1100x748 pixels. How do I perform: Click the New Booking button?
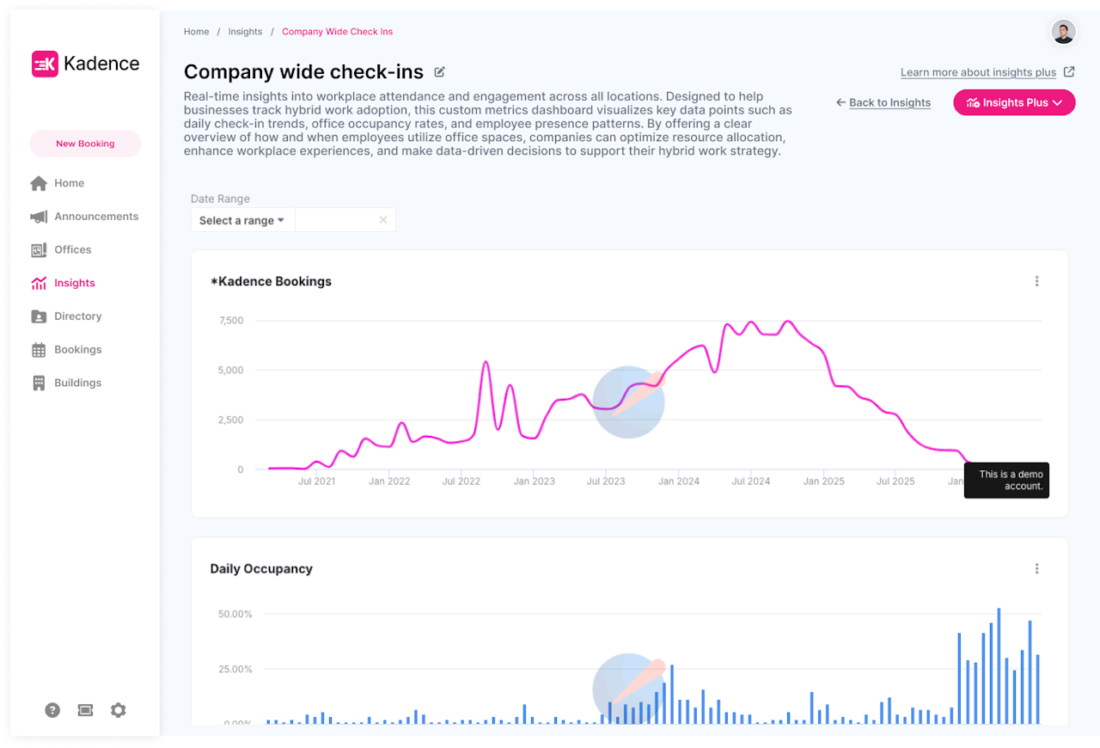click(x=85, y=144)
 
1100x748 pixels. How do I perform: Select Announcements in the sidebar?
click(x=95, y=217)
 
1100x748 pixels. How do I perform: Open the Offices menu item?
click(x=72, y=250)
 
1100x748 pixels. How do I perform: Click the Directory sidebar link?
click(x=77, y=316)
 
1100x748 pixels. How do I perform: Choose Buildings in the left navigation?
click(x=77, y=383)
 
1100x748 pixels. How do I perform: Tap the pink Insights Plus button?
click(x=1014, y=102)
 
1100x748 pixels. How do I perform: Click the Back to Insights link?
click(x=889, y=102)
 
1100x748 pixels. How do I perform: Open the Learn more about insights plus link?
click(x=978, y=72)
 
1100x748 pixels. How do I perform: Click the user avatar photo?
click(x=1063, y=32)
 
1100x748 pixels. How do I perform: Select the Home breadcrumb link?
click(x=196, y=32)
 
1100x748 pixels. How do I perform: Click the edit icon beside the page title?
click(x=440, y=71)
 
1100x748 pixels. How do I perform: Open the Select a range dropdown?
click(x=241, y=220)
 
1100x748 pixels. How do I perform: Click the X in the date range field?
click(x=383, y=220)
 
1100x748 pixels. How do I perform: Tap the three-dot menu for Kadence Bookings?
click(x=1037, y=281)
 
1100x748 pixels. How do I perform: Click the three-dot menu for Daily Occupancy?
click(x=1037, y=568)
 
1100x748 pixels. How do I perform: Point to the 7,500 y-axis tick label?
click(x=231, y=321)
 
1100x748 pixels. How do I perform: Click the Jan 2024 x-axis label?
click(x=678, y=481)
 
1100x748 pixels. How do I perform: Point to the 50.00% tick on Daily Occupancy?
click(x=235, y=614)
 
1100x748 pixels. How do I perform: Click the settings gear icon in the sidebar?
click(x=119, y=710)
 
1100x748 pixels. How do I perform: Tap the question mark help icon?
click(x=52, y=710)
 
